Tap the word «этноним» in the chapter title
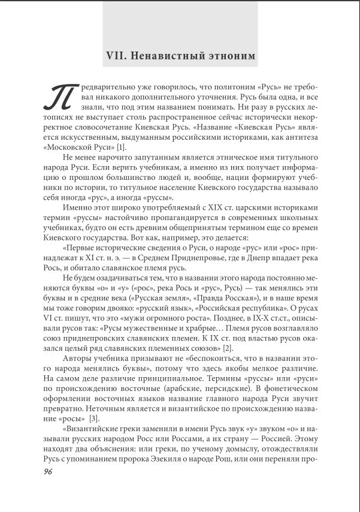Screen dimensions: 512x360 (229, 55)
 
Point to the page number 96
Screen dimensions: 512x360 (49, 471)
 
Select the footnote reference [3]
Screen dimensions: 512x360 (94, 417)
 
